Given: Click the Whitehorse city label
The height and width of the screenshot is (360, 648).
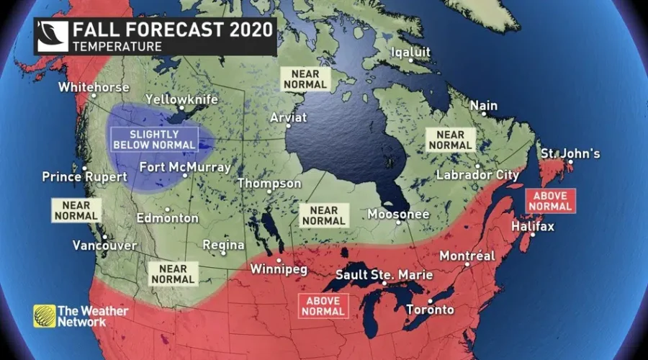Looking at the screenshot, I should click(94, 87).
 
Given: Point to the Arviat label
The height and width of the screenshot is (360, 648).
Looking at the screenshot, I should click(288, 117).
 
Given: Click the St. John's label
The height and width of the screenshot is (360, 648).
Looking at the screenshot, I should click(570, 154).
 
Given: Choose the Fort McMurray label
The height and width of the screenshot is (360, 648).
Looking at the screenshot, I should click(185, 167).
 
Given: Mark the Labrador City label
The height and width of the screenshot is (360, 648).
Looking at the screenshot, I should click(477, 175).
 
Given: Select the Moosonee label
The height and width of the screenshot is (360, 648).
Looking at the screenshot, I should click(398, 214).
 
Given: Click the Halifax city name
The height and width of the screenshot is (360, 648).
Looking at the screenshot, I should click(533, 227).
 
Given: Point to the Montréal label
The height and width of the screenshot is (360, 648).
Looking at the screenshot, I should click(467, 256).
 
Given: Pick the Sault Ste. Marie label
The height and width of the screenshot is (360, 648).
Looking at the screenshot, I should click(384, 275).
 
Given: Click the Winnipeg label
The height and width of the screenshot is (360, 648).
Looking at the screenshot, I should click(279, 269).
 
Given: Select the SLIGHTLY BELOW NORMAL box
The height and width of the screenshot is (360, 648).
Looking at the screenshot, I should click(153, 139).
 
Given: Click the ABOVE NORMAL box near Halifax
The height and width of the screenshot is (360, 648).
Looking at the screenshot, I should click(551, 201).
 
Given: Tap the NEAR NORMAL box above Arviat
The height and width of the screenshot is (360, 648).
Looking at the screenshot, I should click(305, 78).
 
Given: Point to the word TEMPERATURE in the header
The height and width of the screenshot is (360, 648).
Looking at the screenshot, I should click(116, 47).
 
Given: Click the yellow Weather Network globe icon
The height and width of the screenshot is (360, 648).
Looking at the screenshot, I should click(44, 315).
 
